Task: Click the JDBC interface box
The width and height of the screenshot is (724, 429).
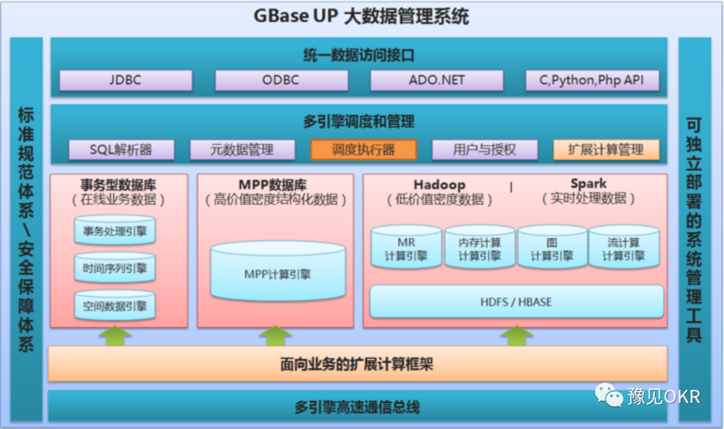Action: pyautogui.click(x=125, y=80)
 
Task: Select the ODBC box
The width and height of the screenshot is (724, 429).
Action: pyautogui.click(x=281, y=80)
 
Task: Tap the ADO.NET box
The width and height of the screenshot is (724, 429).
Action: pyautogui.click(x=436, y=80)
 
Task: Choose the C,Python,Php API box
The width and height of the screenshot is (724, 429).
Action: pyautogui.click(x=592, y=80)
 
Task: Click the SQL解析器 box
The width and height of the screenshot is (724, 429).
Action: pyautogui.click(x=121, y=149)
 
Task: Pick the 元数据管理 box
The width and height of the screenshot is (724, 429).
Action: pyautogui.click(x=242, y=149)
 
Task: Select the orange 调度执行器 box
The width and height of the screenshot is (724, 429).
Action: pyautogui.click(x=363, y=149)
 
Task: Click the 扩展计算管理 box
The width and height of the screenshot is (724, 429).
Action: pyautogui.click(x=606, y=149)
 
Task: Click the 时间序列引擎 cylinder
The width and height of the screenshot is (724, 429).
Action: pyautogui.click(x=115, y=269)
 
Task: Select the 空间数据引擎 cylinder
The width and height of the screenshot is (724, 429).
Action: pyautogui.click(x=115, y=306)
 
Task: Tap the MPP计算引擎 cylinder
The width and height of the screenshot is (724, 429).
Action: pyautogui.click(x=278, y=273)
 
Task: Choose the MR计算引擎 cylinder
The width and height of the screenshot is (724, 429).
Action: pyautogui.click(x=406, y=249)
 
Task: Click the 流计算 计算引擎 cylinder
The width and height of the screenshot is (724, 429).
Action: pyautogui.click(x=623, y=249)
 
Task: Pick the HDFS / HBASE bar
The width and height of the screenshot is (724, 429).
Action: pyautogui.click(x=516, y=302)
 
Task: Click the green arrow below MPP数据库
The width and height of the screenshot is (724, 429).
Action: pyautogui.click(x=276, y=335)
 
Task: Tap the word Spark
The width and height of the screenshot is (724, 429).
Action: pyautogui.click(x=589, y=184)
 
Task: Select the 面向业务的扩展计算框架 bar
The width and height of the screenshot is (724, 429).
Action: pyautogui.click(x=357, y=364)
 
